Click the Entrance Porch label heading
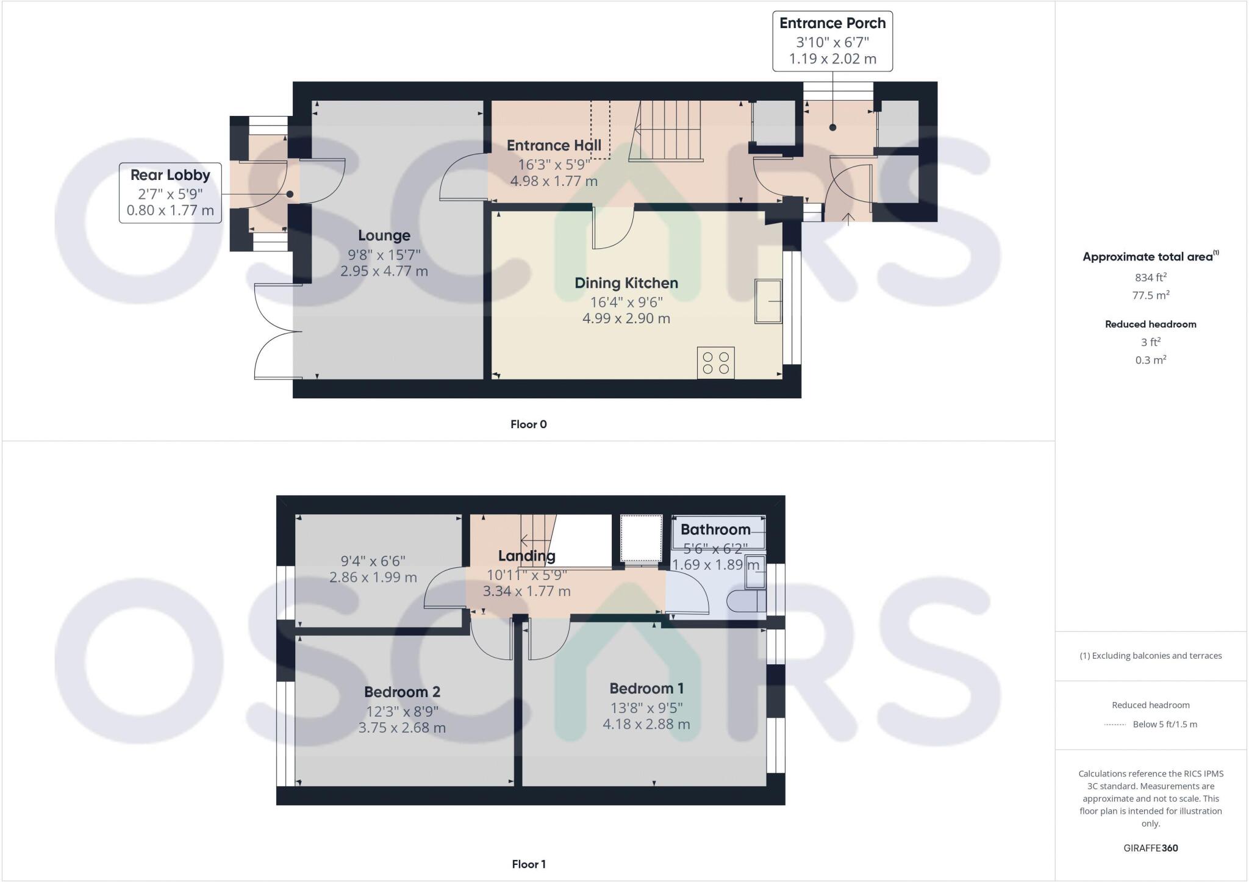coord(832,23)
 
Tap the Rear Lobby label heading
coord(170,175)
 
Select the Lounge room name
coord(384,235)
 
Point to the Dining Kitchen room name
coord(626,283)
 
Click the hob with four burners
coord(715,362)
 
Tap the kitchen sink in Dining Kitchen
coord(768,301)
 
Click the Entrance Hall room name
coord(554,146)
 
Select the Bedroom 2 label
coord(402,692)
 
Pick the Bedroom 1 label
coord(646,689)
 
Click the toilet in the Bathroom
coord(746,601)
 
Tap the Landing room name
coord(526,556)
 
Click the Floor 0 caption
coord(528,425)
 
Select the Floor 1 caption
coord(528,864)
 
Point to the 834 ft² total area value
coord(1150,277)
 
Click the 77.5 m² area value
coord(1150,295)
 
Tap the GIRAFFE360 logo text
coord(1150,848)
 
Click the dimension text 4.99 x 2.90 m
coord(626,318)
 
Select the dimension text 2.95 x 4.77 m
coord(384,271)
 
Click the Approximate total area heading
coord(1150,257)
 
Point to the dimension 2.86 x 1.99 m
coord(373,577)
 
